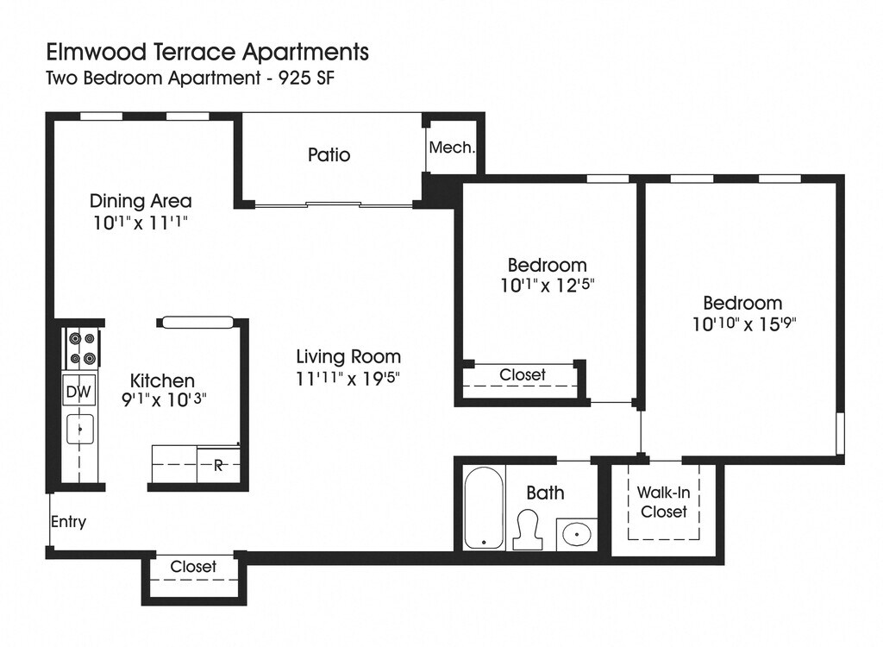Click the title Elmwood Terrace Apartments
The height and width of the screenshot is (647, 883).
pyautogui.click(x=207, y=53)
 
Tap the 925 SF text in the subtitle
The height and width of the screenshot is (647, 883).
pyautogui.click(x=307, y=78)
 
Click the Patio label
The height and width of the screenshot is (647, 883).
pyautogui.click(x=329, y=155)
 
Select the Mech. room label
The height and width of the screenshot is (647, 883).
pyautogui.click(x=452, y=148)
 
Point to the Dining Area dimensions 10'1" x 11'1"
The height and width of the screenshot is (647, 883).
pyautogui.click(x=141, y=223)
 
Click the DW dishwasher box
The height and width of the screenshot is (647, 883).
pyautogui.click(x=78, y=391)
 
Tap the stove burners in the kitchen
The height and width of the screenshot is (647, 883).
pyautogui.click(x=82, y=348)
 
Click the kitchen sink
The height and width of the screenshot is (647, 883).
pyautogui.click(x=80, y=429)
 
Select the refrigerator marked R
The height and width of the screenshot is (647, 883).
pyautogui.click(x=218, y=465)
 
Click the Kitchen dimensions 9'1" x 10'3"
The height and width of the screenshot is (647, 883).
pyautogui.click(x=165, y=399)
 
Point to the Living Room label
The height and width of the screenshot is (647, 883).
pyautogui.click(x=348, y=357)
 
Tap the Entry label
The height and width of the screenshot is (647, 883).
pyautogui.click(x=69, y=522)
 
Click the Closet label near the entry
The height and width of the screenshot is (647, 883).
pyautogui.click(x=193, y=566)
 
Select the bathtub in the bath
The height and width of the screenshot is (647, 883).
pyautogui.click(x=484, y=507)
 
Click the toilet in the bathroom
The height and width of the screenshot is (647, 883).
pyautogui.click(x=529, y=529)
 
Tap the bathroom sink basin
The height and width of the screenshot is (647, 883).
pyautogui.click(x=577, y=533)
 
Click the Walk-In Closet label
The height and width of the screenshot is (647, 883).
pyautogui.click(x=663, y=502)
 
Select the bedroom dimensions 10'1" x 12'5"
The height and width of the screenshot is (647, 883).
pyautogui.click(x=548, y=286)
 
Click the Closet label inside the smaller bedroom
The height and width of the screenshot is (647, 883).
pyautogui.click(x=523, y=374)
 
